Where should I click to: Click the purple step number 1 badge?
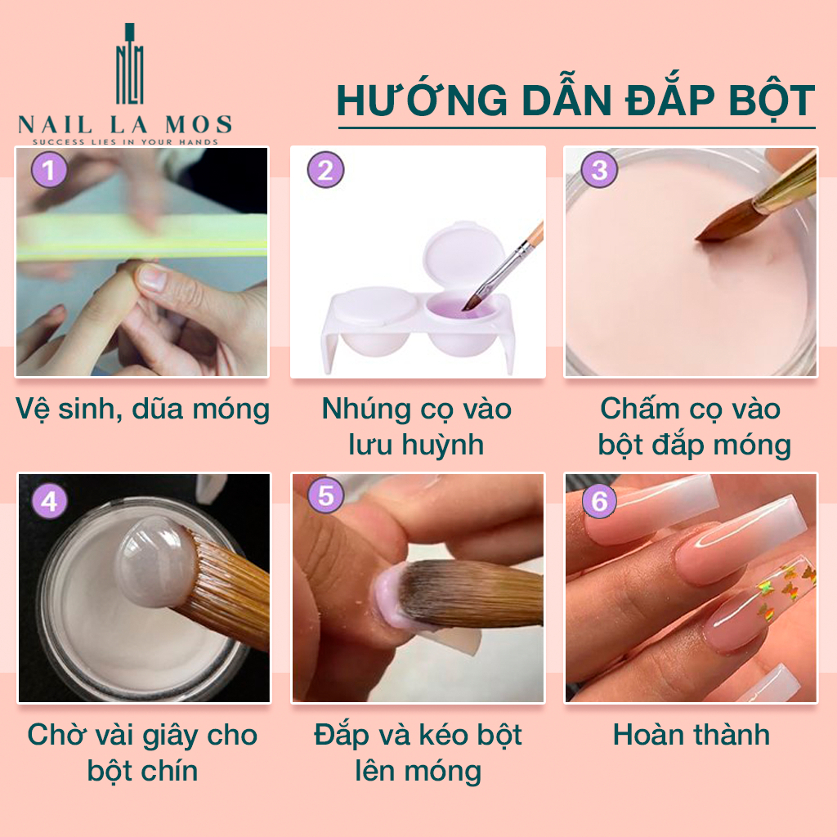49,170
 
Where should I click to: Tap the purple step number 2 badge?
325,170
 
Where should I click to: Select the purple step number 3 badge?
599,170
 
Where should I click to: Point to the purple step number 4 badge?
49,501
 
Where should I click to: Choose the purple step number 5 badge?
326,495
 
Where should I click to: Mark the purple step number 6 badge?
599,501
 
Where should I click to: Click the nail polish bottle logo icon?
129,64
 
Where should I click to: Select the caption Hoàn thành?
692,735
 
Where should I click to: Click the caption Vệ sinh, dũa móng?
142,410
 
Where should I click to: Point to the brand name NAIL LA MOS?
125,125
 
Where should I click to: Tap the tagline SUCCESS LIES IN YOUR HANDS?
125,142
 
